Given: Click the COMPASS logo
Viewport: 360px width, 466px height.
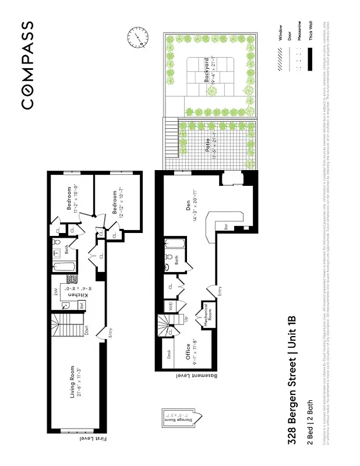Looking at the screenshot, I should [27, 65].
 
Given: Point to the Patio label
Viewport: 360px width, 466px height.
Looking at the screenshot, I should [207, 143].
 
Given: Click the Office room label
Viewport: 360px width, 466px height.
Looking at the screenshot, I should [188, 351].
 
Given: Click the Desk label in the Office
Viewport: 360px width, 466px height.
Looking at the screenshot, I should [169, 354].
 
